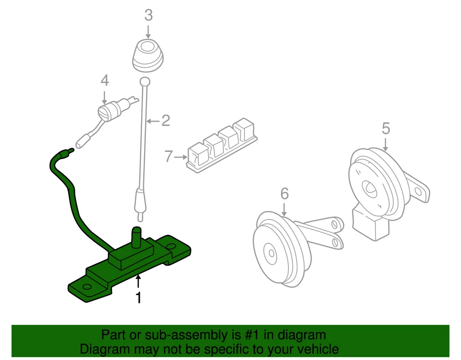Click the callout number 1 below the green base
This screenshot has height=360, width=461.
click(138, 298)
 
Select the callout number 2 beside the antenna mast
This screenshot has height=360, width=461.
click(166, 120)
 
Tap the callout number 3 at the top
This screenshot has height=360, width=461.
click(148, 15)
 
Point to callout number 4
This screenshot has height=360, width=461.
click(104, 80)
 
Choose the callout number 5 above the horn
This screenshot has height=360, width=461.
click(386, 128)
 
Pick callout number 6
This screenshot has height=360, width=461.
click(284, 194)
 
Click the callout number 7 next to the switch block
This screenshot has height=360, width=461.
click(168, 156)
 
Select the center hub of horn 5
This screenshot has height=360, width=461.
click(370, 188)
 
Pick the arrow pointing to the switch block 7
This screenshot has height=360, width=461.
click(181, 157)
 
